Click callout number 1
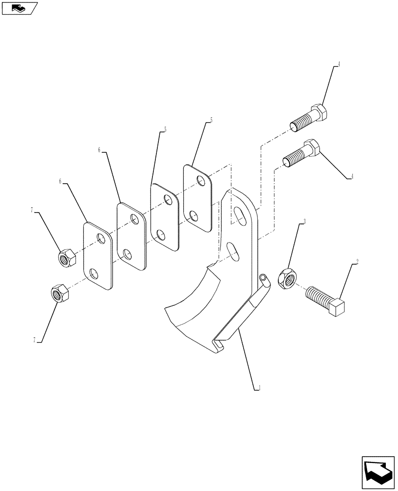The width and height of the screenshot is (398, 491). tap(259, 387)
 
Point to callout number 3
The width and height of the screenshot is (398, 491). tap(305, 222)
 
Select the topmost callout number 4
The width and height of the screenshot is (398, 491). tap(337, 64)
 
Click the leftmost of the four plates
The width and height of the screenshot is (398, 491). tap(98, 256)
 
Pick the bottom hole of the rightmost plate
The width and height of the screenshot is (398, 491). tap(193, 215)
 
